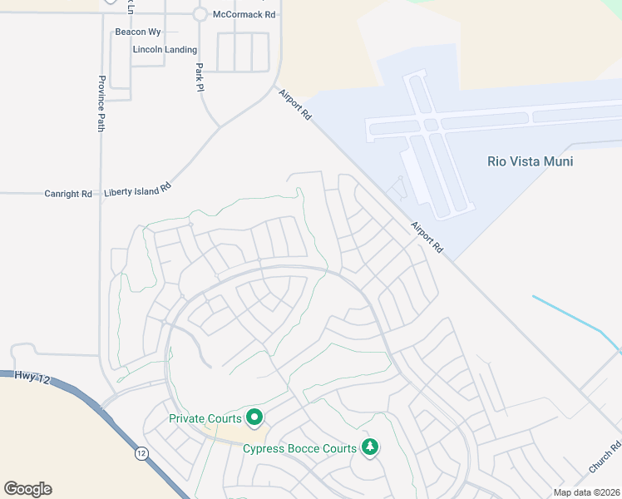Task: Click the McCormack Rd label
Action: (244, 15)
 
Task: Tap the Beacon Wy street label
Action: (138, 32)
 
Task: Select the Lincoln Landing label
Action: (165, 50)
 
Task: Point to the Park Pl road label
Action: (200, 77)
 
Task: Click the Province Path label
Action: (101, 103)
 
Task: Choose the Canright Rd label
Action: (68, 194)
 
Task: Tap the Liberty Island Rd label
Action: (137, 190)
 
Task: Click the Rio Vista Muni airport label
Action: (530, 161)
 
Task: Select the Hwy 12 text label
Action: (32, 378)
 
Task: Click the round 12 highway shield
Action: (142, 454)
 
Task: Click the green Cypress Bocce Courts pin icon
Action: (370, 447)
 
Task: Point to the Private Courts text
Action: (205, 418)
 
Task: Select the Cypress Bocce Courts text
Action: (299, 448)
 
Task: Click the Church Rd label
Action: (605, 457)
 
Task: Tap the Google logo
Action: (27, 489)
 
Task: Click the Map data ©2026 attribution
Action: (585, 492)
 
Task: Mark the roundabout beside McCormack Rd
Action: (200, 14)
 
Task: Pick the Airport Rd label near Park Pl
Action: (294, 105)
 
